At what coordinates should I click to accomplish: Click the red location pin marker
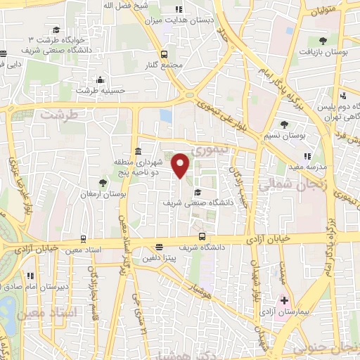click(181, 166)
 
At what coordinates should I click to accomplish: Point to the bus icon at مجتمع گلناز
click(164, 54)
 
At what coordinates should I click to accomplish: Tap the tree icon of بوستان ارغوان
click(103, 183)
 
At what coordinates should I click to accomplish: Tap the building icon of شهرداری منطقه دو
click(138, 152)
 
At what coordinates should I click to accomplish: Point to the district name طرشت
click(57, 114)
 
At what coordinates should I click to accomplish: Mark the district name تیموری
click(210, 150)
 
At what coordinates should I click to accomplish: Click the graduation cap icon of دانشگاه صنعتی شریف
click(198, 191)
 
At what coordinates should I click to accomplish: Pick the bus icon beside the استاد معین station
click(83, 239)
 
